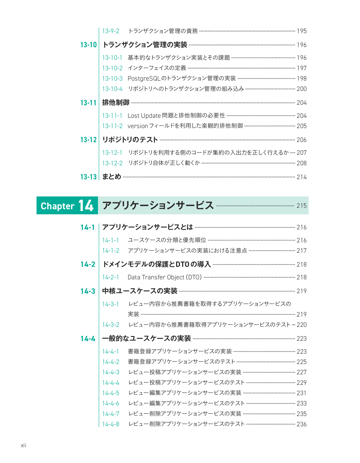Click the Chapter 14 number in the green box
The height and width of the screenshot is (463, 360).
point(86,205)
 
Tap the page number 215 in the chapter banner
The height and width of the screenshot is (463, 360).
point(301,205)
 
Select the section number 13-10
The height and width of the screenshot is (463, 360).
point(88,45)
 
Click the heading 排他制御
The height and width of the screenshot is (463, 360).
point(116,102)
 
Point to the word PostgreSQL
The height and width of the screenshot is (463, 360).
point(144,79)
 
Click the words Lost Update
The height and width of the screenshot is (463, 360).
point(144,116)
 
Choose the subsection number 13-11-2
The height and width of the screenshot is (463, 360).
point(112,126)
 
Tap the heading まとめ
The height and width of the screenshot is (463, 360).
point(112,177)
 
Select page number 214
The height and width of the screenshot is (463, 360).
point(301,177)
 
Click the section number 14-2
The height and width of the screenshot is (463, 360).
point(88,265)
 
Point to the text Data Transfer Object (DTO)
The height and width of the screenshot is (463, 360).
point(165,277)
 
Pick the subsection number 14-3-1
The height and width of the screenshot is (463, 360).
point(111,304)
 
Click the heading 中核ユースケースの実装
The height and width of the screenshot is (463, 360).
point(140,291)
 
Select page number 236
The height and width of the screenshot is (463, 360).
point(301,424)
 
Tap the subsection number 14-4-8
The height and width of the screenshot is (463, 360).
point(111,424)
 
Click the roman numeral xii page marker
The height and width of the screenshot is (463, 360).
point(23,445)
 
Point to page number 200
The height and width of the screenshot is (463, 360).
point(301,89)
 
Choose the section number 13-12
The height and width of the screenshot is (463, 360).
point(88,140)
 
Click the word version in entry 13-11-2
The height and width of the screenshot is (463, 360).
point(138,126)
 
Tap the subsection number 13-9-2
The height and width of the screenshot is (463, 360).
point(111,31)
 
